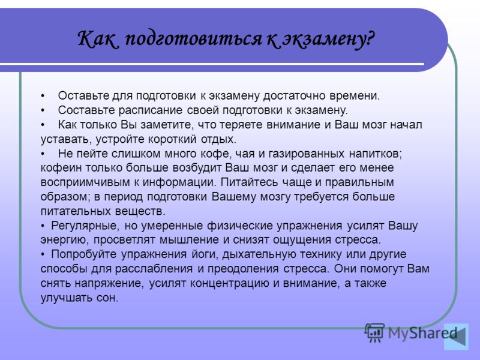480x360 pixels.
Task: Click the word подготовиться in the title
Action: [193, 40]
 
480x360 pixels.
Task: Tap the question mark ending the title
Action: [370, 38]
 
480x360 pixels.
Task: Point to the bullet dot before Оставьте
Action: [43, 96]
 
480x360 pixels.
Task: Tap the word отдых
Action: [218, 139]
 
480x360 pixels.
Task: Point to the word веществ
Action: [140, 212]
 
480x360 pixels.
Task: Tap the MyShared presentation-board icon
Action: [374, 332]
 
